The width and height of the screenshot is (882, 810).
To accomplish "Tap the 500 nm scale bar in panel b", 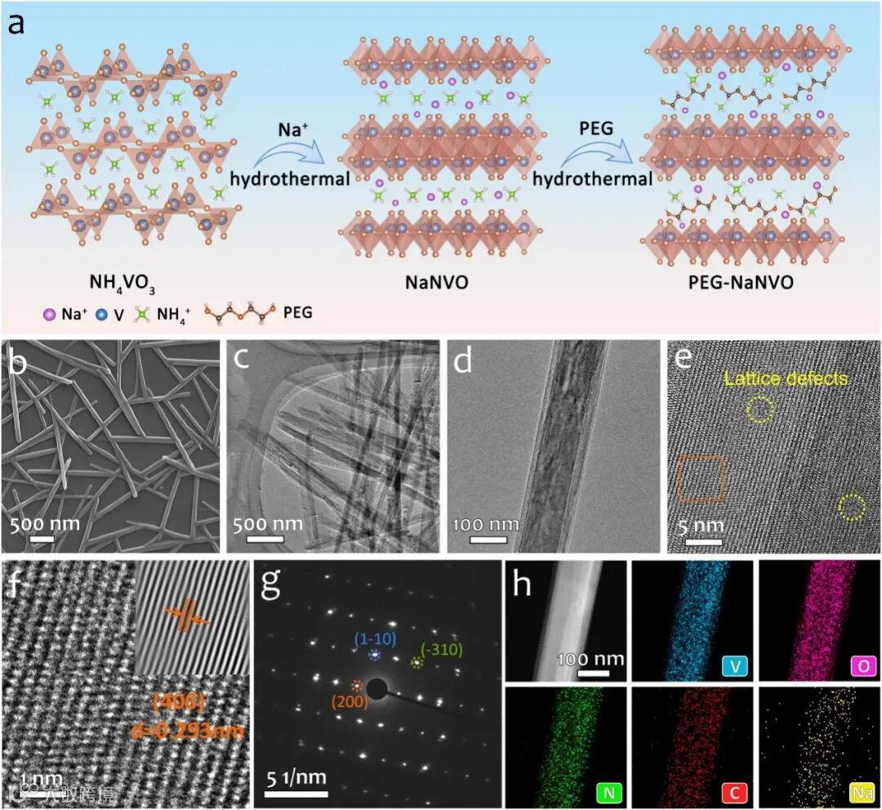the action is coord(42,539).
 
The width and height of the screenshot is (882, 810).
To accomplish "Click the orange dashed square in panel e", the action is coord(702,478).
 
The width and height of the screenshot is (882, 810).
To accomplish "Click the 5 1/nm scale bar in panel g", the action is coord(296,792).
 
